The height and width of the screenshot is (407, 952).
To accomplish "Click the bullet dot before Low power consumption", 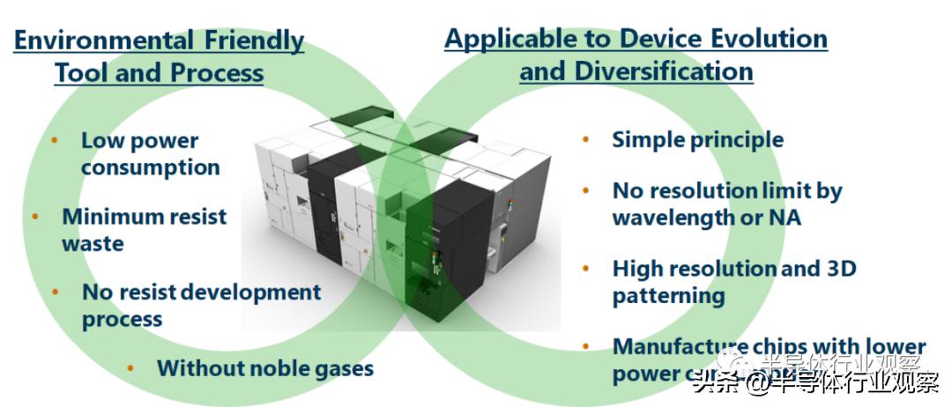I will [x=55, y=141].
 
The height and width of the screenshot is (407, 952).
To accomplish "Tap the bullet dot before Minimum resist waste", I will [x=35, y=217].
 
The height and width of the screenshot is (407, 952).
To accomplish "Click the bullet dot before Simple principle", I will [x=586, y=140].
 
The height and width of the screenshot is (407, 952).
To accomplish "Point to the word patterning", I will [x=668, y=295].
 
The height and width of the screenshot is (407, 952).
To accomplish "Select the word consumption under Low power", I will [x=150, y=166].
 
